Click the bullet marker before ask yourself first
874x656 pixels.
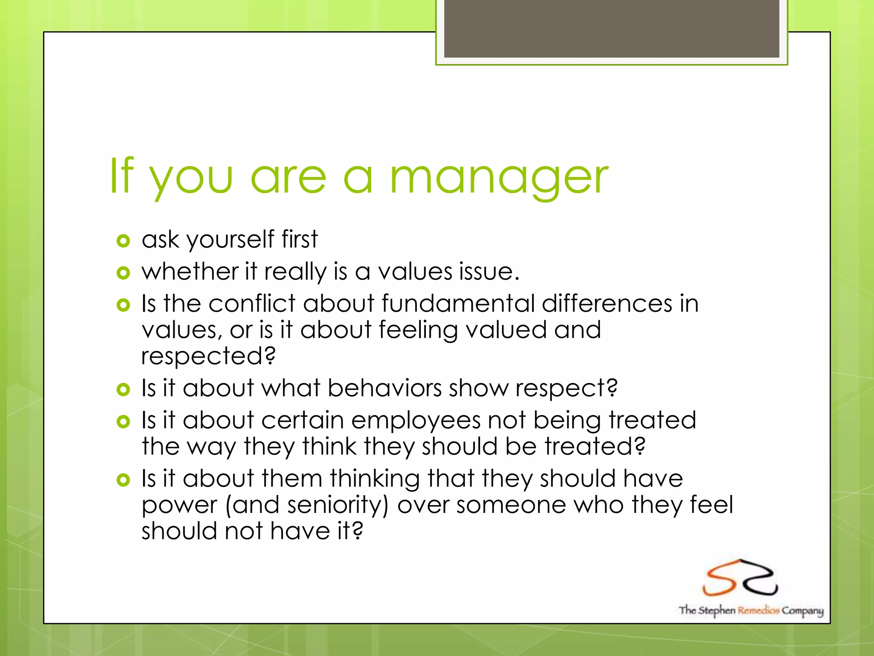(123, 241)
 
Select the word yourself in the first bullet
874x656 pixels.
(230, 240)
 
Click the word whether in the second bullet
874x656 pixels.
(190, 272)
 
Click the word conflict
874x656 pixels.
(252, 304)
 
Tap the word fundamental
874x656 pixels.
(458, 304)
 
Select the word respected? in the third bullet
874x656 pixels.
(208, 356)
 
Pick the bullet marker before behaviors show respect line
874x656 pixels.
(123, 389)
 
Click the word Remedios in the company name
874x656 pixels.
(758, 610)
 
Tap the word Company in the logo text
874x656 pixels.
(802, 611)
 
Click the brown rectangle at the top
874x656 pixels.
(611, 28)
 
